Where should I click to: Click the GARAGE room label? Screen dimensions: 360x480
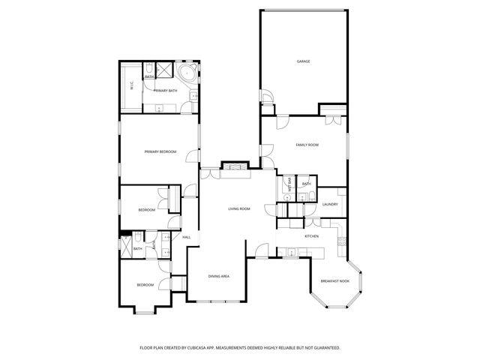(303, 61)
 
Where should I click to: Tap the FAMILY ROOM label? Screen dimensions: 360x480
(307, 144)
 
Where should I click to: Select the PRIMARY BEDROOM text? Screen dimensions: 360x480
(160, 151)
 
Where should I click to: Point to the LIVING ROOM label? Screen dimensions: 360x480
(239, 208)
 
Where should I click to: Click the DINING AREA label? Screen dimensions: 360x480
(218, 276)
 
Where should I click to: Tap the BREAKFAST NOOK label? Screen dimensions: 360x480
(334, 280)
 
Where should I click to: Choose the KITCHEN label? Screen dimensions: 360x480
(312, 236)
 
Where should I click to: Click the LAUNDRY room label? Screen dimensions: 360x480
(330, 204)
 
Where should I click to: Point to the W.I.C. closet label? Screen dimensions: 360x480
(132, 86)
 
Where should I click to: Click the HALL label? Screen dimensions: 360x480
(186, 237)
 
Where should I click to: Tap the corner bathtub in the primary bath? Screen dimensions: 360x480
(186, 73)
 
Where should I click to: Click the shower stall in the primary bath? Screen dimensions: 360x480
(148, 69)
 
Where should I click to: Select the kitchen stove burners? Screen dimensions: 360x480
(341, 241)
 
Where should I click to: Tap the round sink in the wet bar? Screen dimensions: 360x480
(289, 198)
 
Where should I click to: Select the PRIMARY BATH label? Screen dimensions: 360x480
(166, 91)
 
